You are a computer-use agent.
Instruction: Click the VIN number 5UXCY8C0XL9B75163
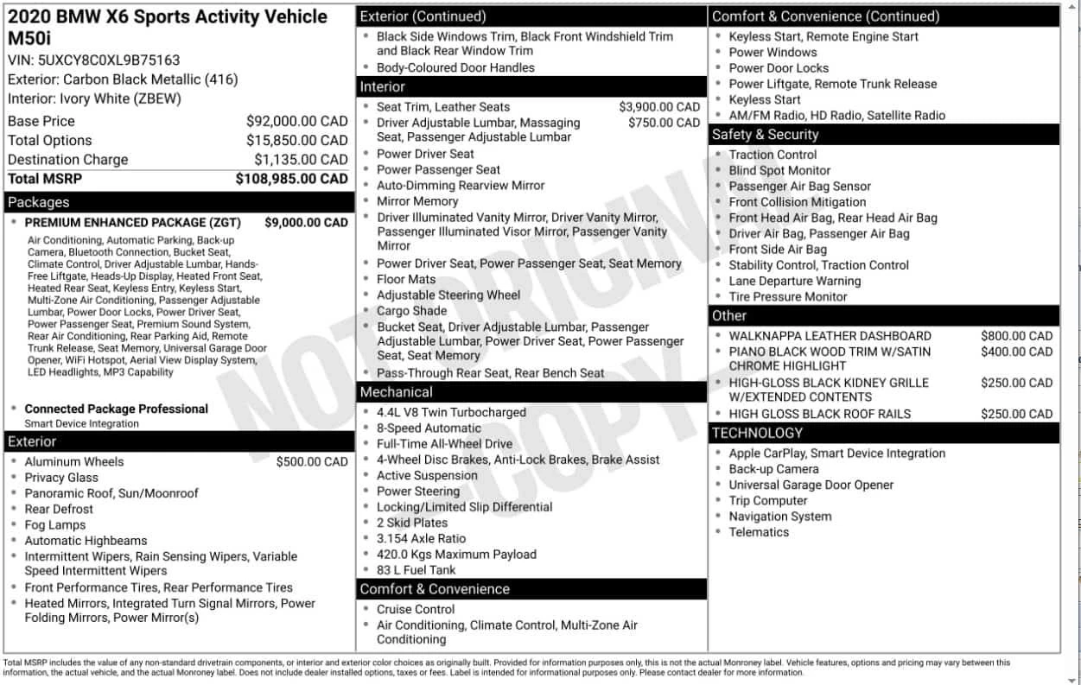(109, 60)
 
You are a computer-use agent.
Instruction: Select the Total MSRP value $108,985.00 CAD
(291, 179)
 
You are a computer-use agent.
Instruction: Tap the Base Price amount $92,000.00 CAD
(296, 122)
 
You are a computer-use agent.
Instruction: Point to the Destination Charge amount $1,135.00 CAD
(301, 160)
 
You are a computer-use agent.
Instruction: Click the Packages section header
(38, 202)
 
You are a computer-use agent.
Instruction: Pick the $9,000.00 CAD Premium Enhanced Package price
(306, 222)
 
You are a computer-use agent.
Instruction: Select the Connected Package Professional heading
(116, 409)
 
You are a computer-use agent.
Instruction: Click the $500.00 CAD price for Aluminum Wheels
(312, 462)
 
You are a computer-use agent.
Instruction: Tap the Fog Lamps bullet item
(55, 525)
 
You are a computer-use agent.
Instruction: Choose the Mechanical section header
(396, 392)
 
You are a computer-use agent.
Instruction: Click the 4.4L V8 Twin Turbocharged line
(451, 413)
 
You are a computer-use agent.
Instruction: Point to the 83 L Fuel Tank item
(416, 570)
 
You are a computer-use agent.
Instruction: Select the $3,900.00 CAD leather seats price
(659, 107)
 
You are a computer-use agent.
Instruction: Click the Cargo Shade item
(411, 311)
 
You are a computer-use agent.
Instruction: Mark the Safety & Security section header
(765, 135)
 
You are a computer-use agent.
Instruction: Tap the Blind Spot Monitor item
(779, 171)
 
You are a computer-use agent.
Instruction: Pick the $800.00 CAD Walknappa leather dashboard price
(1016, 336)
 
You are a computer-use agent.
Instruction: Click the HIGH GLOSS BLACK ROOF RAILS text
(819, 414)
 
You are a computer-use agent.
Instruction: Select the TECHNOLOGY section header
(757, 433)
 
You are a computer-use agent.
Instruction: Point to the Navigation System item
(779, 517)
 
